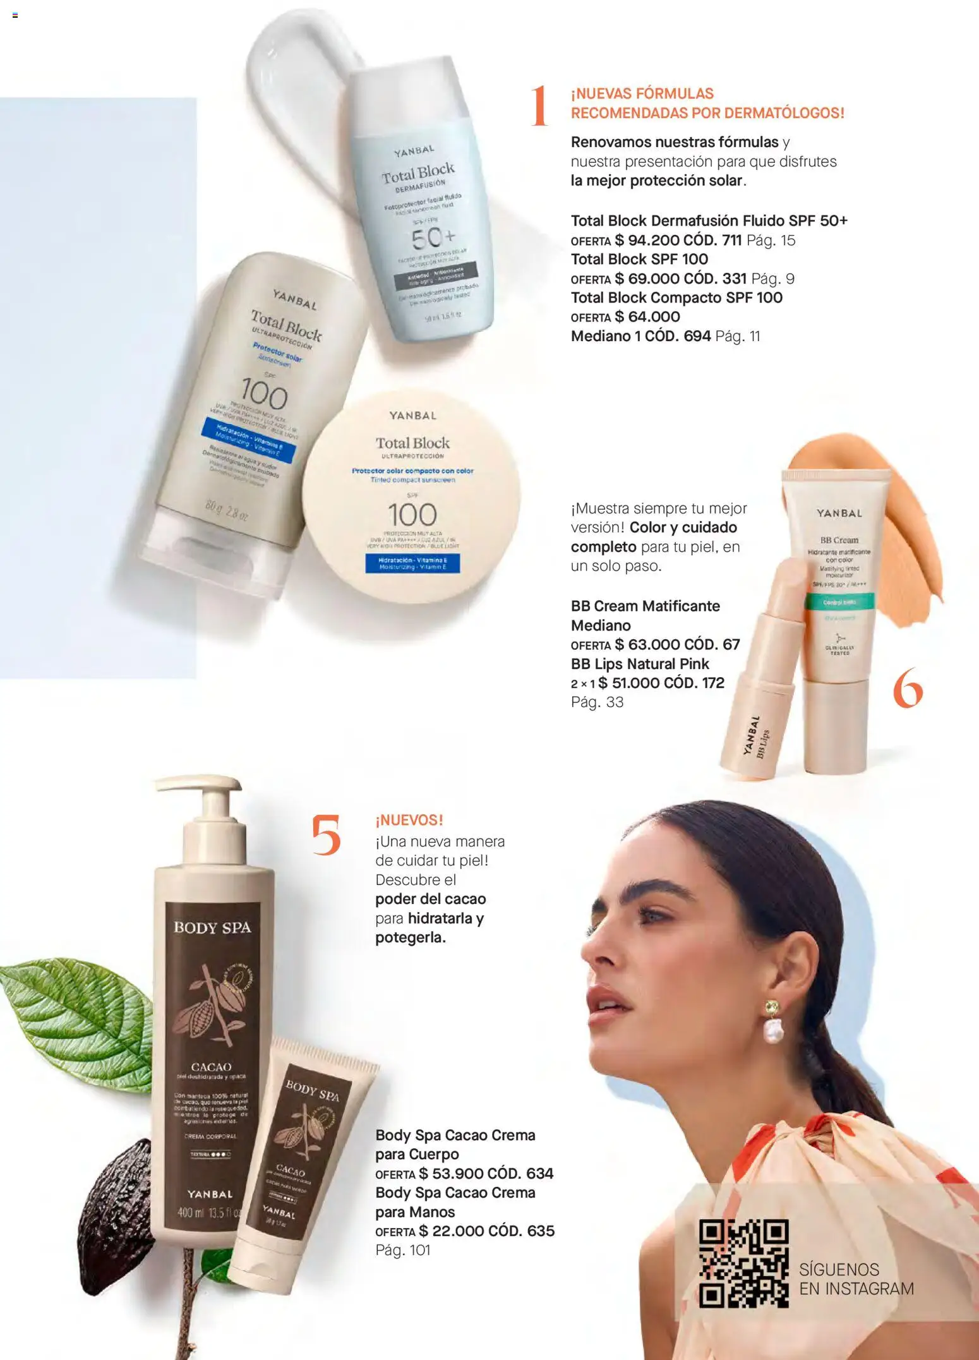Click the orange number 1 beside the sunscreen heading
tap(539, 105)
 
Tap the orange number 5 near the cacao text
tap(326, 835)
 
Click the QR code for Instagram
tap(743, 1263)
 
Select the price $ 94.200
tap(647, 241)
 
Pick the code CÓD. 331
tap(715, 279)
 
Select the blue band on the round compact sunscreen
tap(412, 563)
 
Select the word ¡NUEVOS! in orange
tap(409, 821)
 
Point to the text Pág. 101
tap(402, 1250)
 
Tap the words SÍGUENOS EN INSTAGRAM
tap(856, 1280)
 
